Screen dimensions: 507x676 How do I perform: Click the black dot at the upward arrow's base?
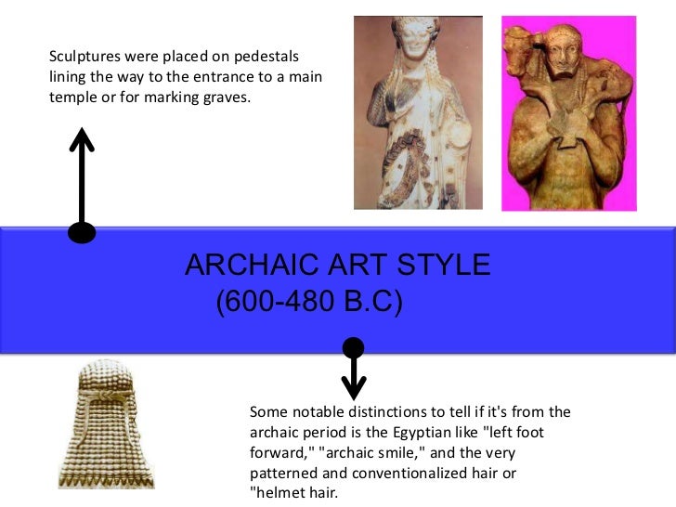click(x=82, y=232)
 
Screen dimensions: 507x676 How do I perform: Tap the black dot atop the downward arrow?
click(x=353, y=348)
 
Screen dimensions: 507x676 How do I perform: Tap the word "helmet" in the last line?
click(x=280, y=493)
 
